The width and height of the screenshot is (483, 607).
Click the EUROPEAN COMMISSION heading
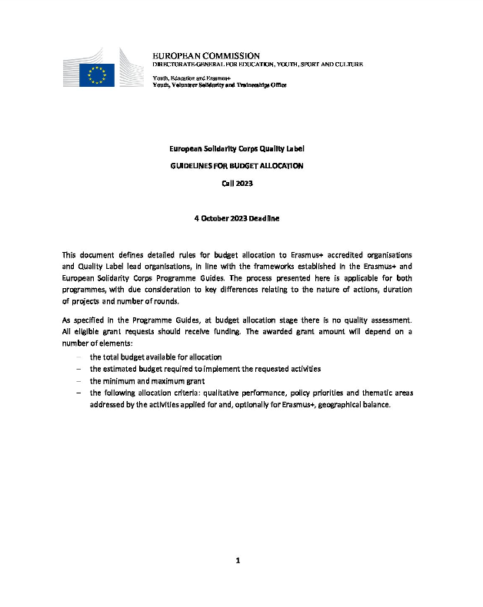click(206, 56)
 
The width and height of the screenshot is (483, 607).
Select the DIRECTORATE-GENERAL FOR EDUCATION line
click(258, 65)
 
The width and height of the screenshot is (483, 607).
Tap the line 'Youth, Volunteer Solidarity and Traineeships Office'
click(219, 85)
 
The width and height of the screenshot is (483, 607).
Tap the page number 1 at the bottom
click(238, 560)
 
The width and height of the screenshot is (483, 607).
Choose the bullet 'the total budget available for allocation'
click(155, 357)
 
